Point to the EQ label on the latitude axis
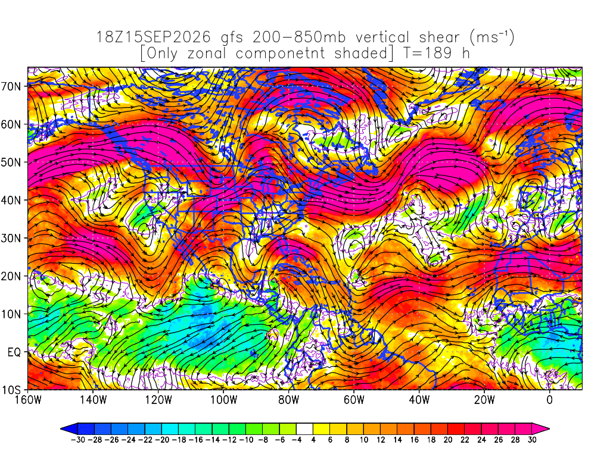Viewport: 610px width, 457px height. tap(14, 352)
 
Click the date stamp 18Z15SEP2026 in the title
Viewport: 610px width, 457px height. tap(153, 37)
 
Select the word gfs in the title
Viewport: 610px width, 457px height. tap(232, 38)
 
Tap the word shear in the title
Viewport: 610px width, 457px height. tap(439, 37)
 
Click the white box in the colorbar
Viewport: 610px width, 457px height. tap(304, 428)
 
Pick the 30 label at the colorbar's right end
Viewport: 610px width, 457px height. tap(532, 440)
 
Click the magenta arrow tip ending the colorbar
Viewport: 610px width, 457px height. tap(541, 428)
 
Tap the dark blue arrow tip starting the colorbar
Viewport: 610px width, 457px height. tap(69, 428)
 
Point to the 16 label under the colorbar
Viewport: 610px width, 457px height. tap(415, 440)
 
